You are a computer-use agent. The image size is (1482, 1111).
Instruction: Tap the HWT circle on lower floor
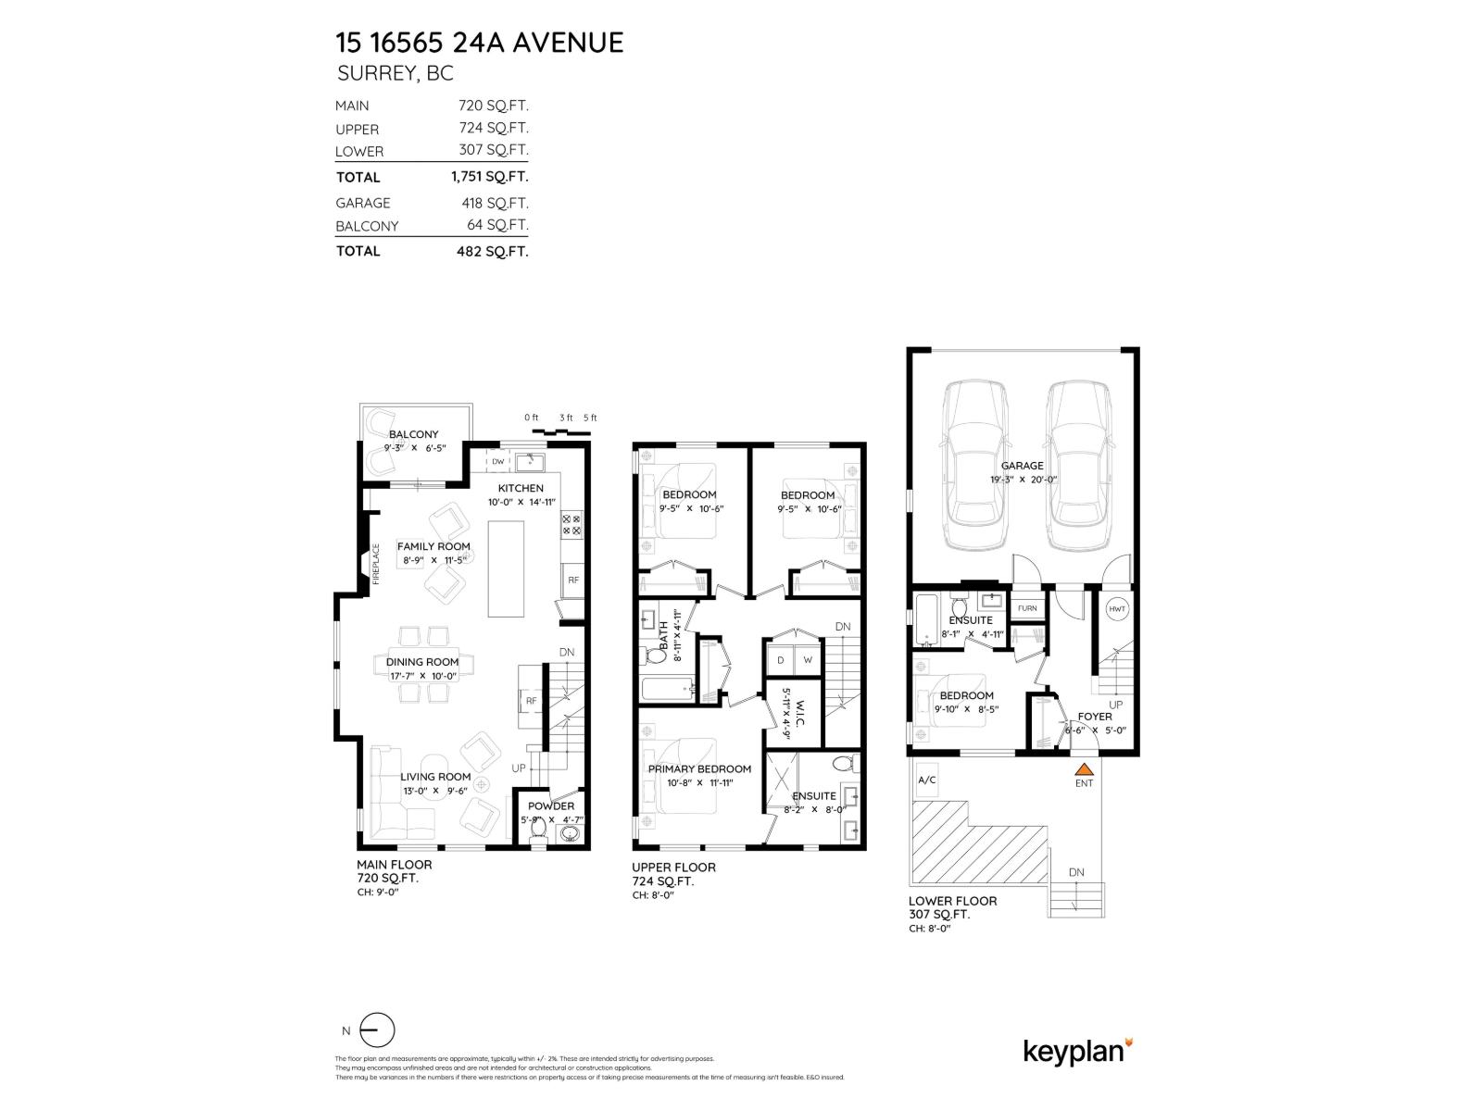point(1117,608)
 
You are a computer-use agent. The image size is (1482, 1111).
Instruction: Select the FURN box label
point(1027,608)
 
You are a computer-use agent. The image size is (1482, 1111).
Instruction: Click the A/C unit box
point(927,780)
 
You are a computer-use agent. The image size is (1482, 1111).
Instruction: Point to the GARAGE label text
point(1023,466)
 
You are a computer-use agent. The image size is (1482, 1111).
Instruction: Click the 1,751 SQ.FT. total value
point(490,177)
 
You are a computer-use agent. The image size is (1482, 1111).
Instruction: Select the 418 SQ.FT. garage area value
point(495,203)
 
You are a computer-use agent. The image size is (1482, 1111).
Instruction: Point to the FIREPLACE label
point(377,564)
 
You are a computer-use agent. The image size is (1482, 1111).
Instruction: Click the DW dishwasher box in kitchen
point(497,461)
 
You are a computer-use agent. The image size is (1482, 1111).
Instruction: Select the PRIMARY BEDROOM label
point(699,768)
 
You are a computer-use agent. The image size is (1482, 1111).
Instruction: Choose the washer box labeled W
point(808,660)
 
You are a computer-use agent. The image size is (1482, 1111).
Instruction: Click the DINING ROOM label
point(422,662)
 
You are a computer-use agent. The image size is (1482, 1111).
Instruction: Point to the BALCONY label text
point(414,434)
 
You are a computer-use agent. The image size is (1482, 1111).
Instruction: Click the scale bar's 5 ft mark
point(590,418)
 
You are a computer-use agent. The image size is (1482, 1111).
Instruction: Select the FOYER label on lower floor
point(1095,717)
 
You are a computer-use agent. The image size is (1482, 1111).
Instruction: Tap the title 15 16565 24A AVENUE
point(479,42)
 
